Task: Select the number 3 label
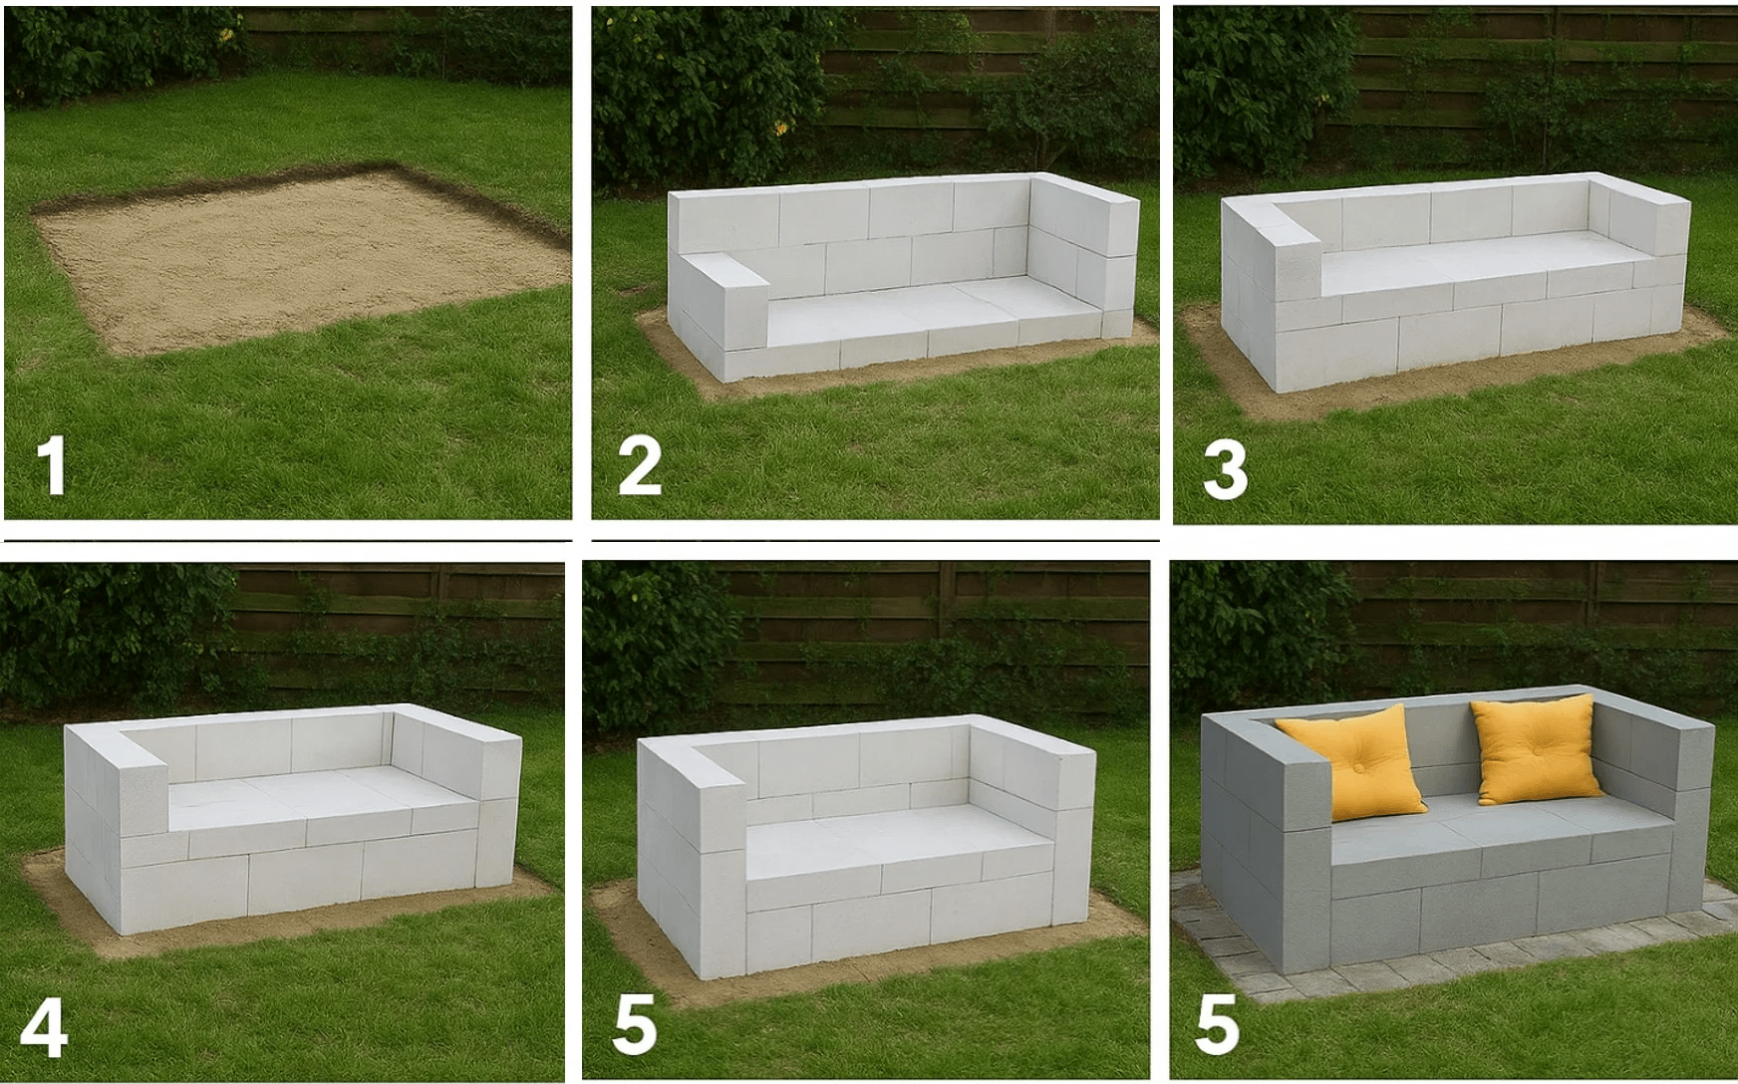coord(1225,471)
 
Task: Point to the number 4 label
coord(44,1030)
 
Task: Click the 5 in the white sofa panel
coord(635,1025)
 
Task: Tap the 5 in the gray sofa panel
coord(1217,1025)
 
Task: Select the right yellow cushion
coord(1535,749)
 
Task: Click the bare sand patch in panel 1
coord(299,259)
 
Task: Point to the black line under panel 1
coord(288,540)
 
